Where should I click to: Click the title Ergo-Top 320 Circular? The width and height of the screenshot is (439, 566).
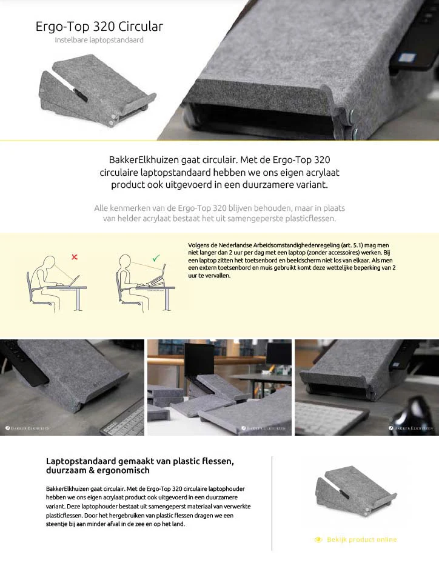tap(99, 27)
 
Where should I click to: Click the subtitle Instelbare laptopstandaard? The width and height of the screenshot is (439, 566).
tap(99, 41)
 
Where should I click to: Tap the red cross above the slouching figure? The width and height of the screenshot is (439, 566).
tap(75, 257)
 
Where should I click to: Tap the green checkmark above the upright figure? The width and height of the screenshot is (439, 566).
tap(156, 258)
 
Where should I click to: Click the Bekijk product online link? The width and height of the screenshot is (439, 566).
tap(362, 539)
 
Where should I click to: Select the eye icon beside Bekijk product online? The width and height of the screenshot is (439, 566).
tap(318, 539)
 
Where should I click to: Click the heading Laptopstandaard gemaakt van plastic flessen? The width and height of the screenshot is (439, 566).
tap(140, 461)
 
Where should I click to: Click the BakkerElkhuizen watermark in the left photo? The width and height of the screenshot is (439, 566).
tap(28, 428)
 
